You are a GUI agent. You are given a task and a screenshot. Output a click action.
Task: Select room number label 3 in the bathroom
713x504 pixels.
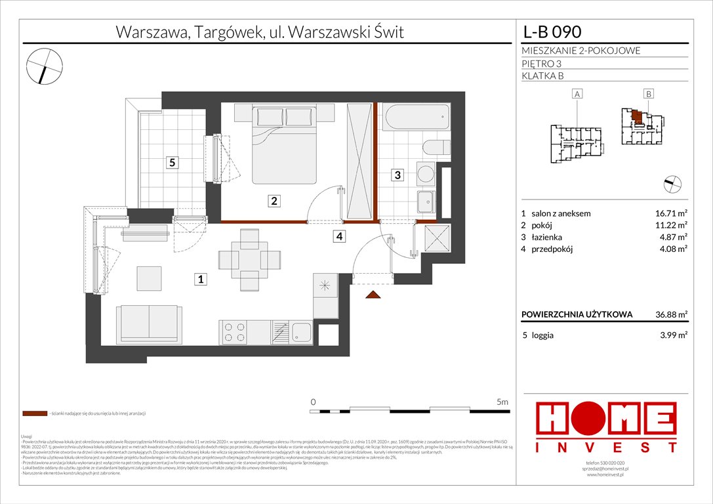click(x=397, y=175)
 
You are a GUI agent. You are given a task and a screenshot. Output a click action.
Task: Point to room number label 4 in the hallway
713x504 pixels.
click(x=338, y=237)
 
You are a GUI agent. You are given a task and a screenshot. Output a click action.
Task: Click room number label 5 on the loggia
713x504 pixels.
click(x=172, y=163)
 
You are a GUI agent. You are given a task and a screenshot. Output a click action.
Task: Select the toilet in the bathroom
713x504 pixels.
click(x=435, y=148)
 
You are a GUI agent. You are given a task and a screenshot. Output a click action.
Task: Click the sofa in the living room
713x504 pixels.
click(x=148, y=323)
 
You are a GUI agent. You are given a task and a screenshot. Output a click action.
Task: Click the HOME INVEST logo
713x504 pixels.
click(x=606, y=426)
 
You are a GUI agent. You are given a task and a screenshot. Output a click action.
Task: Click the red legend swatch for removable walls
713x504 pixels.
click(x=34, y=414)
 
